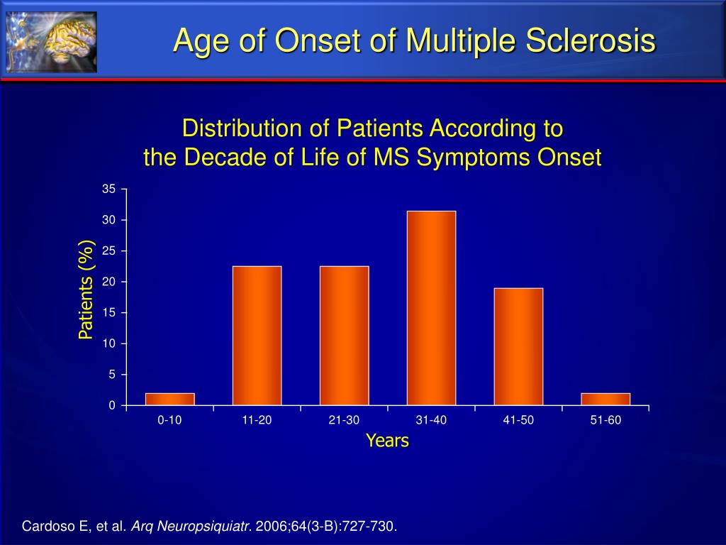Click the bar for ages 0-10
(x=170, y=399)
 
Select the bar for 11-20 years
(x=257, y=336)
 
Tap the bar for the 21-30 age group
(x=345, y=336)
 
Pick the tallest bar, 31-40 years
(x=432, y=308)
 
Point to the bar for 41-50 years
(x=518, y=346)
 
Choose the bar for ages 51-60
(x=605, y=399)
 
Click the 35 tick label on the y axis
(x=108, y=189)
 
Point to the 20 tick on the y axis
(x=108, y=282)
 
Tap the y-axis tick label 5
(x=112, y=375)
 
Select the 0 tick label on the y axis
(x=112, y=405)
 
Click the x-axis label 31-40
(x=432, y=420)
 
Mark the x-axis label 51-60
(x=605, y=420)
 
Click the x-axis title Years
(x=388, y=440)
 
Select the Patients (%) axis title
(x=86, y=290)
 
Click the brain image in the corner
(x=51, y=42)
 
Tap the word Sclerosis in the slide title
(x=591, y=40)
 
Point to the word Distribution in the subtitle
(x=242, y=128)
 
